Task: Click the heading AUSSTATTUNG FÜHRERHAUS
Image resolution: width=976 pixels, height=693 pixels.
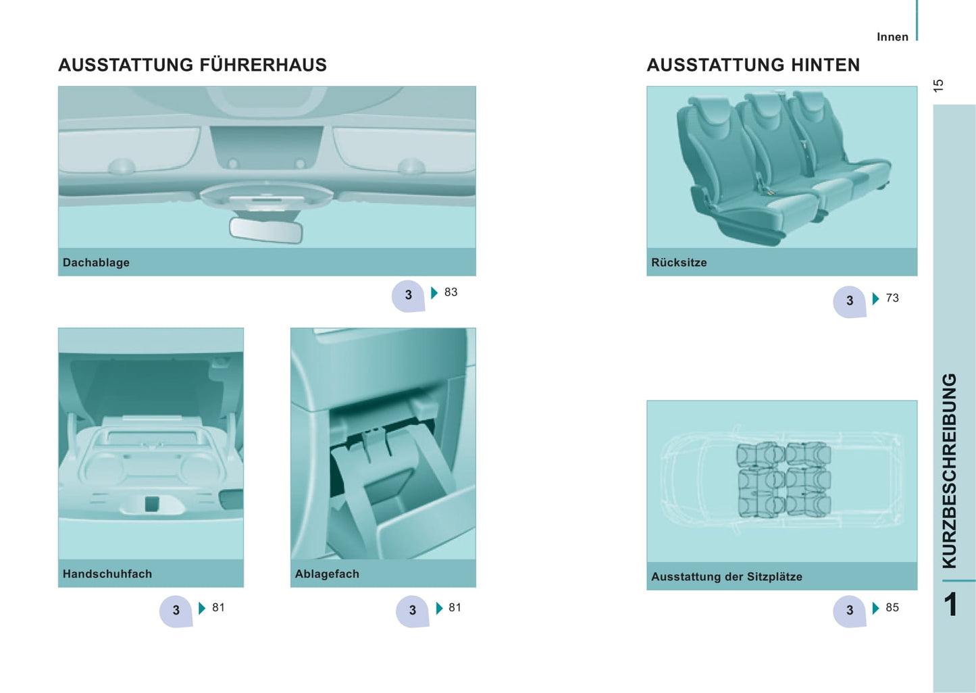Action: tap(192, 65)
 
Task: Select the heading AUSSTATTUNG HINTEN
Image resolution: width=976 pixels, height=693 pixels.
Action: tap(753, 65)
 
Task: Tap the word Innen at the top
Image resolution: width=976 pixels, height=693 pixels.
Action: tap(892, 37)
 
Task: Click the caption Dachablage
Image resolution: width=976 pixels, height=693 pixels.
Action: tap(96, 262)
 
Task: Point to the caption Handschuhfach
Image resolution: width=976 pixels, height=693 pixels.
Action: tap(107, 573)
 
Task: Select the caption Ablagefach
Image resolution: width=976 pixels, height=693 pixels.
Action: tap(327, 573)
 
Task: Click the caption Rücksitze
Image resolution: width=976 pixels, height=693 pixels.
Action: tap(679, 262)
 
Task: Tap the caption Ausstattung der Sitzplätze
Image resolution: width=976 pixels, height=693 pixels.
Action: tap(726, 577)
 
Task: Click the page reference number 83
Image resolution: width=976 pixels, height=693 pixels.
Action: tap(451, 292)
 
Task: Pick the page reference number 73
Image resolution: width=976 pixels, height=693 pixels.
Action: tap(892, 298)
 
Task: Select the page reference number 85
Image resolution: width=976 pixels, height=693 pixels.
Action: tap(892, 607)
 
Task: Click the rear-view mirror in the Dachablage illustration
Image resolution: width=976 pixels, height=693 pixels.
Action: tap(266, 230)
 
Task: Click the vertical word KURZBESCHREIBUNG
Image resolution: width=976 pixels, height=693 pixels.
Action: tap(950, 471)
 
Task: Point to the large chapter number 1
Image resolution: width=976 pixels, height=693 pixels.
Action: tap(950, 604)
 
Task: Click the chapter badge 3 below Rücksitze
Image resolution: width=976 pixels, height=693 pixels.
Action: tap(850, 302)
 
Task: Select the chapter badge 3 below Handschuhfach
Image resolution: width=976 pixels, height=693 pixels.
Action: tap(176, 611)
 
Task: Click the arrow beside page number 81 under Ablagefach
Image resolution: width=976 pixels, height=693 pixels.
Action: tap(439, 609)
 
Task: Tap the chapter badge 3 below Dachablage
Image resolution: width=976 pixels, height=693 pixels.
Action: tap(408, 296)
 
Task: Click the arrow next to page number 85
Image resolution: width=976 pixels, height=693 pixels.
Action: tap(876, 609)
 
